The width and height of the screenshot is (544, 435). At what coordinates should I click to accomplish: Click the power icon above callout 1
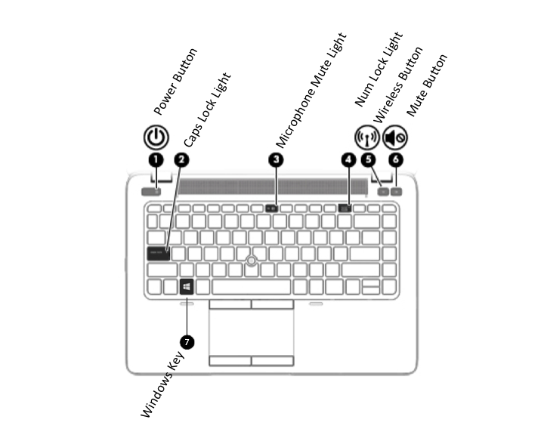coord(155,137)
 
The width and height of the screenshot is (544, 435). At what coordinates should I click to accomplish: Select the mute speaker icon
coord(395,137)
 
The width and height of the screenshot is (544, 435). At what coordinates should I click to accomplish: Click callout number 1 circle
coord(155,159)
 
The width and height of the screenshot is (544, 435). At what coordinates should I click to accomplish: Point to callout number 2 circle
coord(181,159)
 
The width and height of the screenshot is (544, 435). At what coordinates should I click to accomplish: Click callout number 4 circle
coord(348,159)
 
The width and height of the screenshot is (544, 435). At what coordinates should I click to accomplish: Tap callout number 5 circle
coord(368,159)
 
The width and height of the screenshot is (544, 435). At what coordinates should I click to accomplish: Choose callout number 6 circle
coord(396,159)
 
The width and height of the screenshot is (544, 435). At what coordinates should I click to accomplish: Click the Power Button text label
coord(175,82)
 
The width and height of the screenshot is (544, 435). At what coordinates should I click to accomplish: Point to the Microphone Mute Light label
coord(311,89)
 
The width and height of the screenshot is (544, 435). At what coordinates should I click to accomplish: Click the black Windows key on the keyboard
coord(186,287)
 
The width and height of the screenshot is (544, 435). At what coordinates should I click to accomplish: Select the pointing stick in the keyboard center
coord(249,261)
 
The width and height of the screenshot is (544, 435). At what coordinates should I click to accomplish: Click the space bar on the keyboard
coord(252,287)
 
